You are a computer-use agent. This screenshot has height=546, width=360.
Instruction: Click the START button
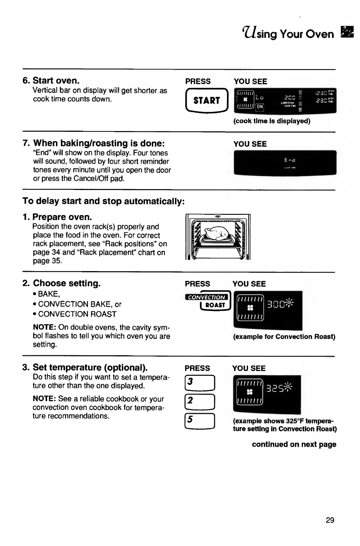(207, 100)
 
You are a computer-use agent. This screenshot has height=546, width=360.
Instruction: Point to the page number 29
(330, 520)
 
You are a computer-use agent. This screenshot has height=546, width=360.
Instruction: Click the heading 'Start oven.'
(56, 80)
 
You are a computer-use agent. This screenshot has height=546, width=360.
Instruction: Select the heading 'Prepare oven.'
(62, 217)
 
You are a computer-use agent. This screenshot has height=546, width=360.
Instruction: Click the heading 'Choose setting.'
(67, 283)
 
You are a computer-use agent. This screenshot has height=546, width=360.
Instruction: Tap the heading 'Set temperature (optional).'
(90, 367)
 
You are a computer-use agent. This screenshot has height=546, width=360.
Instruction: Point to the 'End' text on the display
(290, 160)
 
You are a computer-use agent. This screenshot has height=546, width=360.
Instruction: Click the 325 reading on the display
(275, 388)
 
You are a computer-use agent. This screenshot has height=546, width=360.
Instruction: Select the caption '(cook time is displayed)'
(272, 121)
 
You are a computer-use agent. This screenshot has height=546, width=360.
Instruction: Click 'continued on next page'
(294, 445)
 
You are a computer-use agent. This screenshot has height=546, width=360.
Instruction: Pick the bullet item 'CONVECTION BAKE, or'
(80, 304)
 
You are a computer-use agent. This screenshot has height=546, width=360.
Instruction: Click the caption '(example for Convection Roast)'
(284, 336)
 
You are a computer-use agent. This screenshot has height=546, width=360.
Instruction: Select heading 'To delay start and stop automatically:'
(103, 201)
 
